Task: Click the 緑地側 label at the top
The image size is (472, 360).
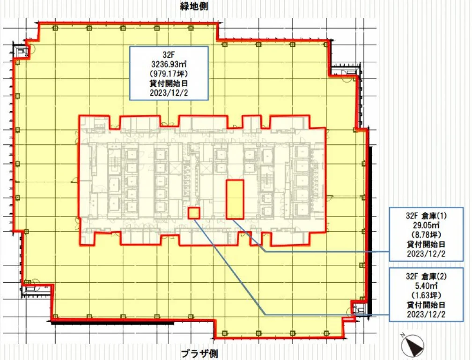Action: [x=194, y=6]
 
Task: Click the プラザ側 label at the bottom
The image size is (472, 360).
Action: [x=199, y=353]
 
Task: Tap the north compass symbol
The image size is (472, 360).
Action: [x=412, y=345]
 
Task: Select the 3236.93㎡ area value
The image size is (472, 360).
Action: [x=169, y=64]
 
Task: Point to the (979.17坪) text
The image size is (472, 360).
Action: [x=169, y=74]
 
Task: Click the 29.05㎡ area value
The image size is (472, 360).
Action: [x=426, y=225]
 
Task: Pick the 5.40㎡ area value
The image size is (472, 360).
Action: [x=426, y=285]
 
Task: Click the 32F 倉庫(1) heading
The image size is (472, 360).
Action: [x=426, y=216]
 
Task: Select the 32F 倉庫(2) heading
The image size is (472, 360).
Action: [x=426, y=276]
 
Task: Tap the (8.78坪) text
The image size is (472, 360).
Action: [x=426, y=235]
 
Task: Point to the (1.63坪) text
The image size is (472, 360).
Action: [x=426, y=295]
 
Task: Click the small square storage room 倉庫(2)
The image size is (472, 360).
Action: [x=194, y=213]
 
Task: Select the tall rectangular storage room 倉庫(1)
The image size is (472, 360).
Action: [x=235, y=199]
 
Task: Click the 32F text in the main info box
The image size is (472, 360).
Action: [x=169, y=55]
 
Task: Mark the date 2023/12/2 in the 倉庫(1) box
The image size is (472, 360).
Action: [x=426, y=254]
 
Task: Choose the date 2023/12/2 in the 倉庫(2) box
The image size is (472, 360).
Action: [x=426, y=314]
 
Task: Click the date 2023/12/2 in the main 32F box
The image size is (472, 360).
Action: [x=169, y=92]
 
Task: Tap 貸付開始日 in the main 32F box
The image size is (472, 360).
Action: [x=169, y=83]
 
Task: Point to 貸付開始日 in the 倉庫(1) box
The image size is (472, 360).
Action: [x=426, y=244]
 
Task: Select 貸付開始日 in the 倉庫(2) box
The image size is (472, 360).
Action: [x=426, y=305]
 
